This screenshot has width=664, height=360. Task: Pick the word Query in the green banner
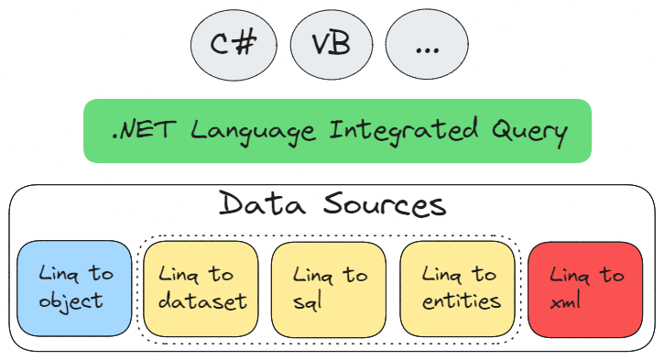[531, 132]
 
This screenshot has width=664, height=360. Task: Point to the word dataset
[201, 301]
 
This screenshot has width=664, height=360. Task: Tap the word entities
[462, 301]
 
